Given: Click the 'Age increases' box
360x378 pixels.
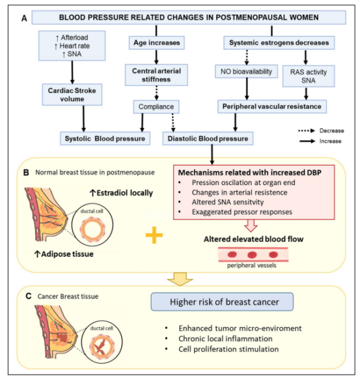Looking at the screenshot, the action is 156,42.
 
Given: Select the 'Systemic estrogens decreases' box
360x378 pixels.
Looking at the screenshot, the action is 279,42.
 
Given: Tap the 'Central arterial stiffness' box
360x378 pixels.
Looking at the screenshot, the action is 156,75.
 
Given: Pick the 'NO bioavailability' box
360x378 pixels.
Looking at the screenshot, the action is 246,71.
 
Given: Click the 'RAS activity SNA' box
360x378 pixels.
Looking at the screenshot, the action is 309,76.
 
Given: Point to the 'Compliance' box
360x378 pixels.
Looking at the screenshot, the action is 156,106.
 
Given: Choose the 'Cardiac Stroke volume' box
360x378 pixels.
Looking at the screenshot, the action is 72,94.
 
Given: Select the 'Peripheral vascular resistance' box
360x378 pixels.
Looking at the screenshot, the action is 272,106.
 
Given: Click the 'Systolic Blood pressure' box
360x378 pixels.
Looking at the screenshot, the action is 105,138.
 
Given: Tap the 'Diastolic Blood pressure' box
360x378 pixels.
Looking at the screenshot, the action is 208,138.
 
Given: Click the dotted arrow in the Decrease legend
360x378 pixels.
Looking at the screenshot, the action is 307,130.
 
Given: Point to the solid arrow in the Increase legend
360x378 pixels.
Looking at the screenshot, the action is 307,141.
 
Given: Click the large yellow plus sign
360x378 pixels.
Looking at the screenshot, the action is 154,235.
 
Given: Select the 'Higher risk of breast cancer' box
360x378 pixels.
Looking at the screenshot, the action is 222,302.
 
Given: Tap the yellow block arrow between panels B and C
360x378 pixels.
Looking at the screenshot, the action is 180,279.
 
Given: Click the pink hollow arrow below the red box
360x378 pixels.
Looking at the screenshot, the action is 251,225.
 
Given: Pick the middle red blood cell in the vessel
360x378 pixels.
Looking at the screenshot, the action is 252,255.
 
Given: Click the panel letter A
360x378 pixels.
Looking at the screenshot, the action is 24,18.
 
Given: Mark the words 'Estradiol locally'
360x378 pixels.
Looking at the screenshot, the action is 124,193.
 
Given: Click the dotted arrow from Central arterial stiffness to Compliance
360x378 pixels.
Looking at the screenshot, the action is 156,93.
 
